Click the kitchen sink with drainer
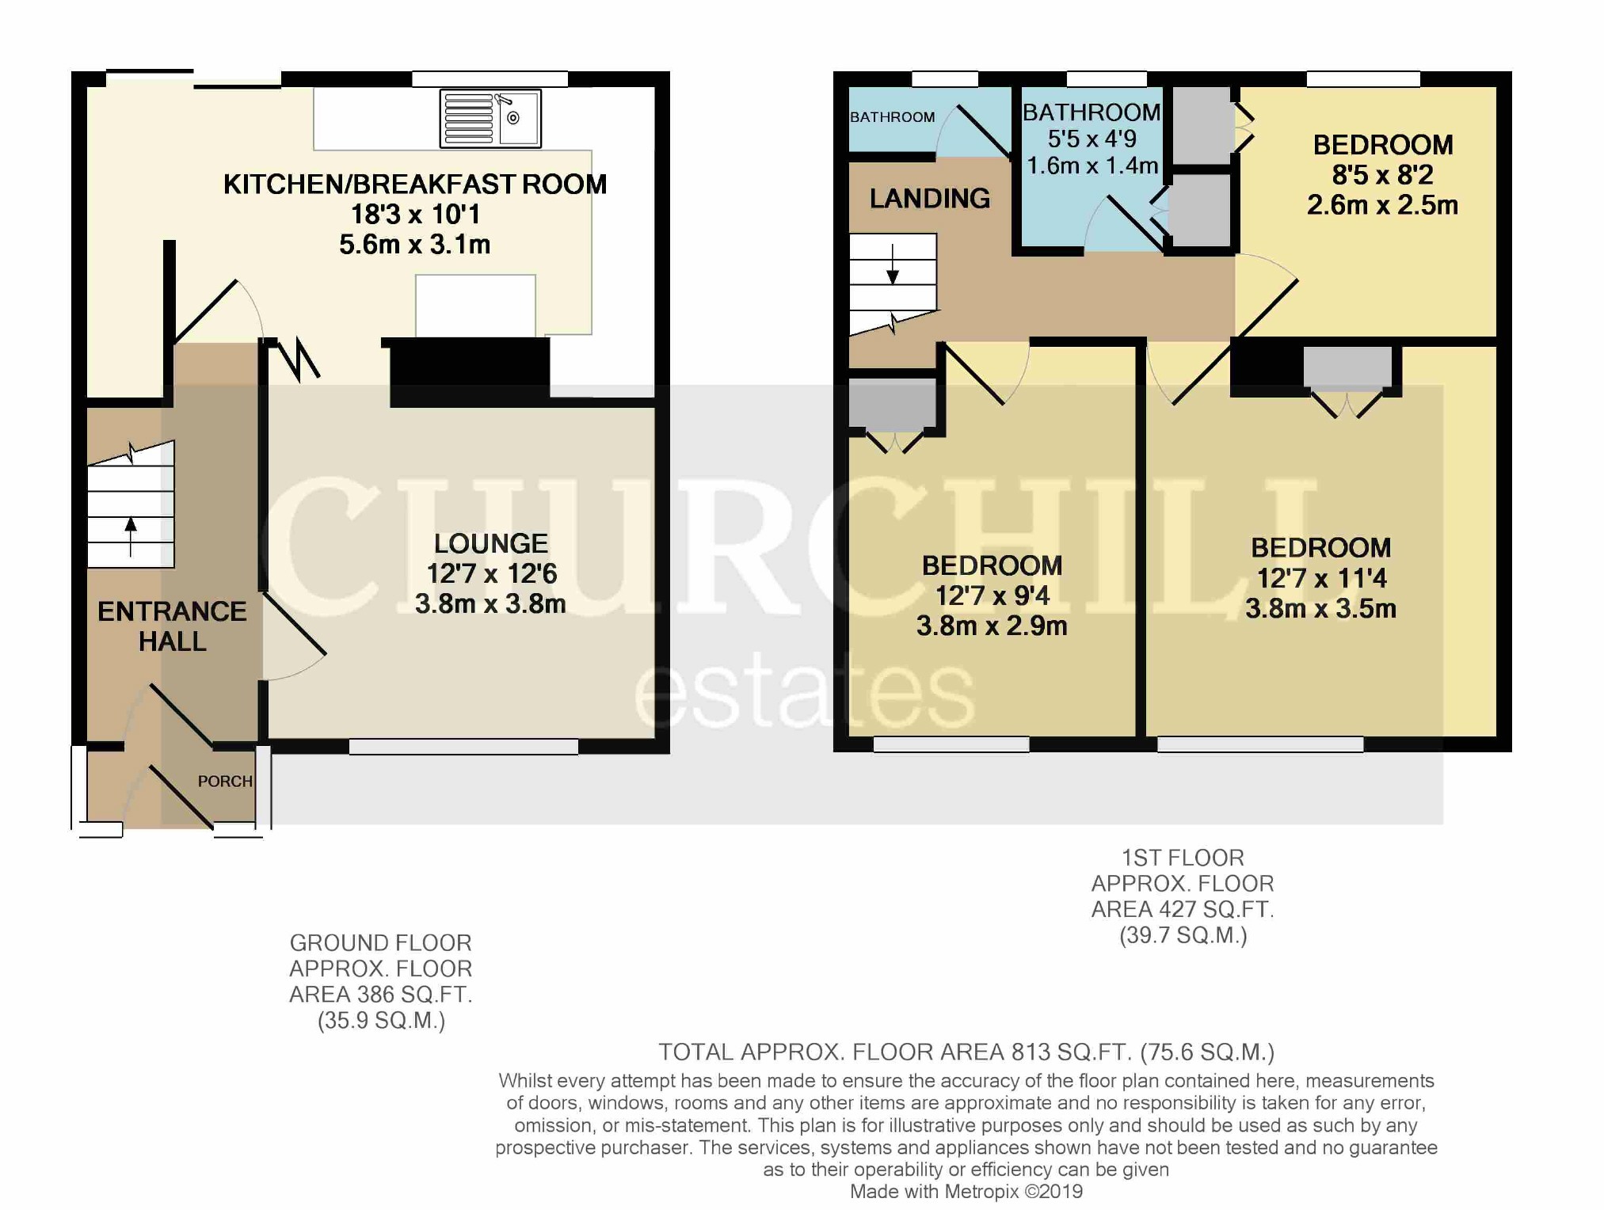490,119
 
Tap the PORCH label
225,782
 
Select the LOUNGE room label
491,543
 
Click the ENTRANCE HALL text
172,626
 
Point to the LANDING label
930,198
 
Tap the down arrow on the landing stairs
893,264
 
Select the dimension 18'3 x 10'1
415,215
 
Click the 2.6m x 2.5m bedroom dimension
1382,205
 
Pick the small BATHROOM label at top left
893,117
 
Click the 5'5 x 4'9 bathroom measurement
1092,139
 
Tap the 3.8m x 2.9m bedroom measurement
992,626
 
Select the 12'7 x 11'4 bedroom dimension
1321,579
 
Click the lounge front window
463,746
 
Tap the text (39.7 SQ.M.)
1183,936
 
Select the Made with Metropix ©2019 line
966,1192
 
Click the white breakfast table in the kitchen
475,306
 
